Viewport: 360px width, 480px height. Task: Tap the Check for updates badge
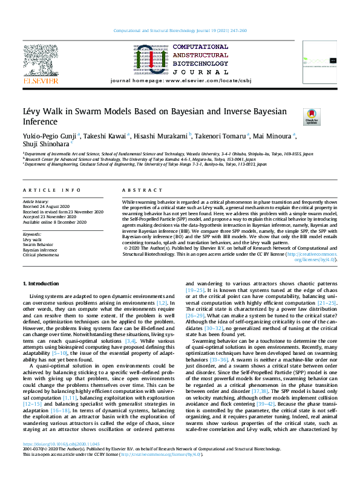pos(295,117)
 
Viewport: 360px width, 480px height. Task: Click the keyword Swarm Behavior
pos(38,244)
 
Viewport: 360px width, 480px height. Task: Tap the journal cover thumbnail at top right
pos(321,62)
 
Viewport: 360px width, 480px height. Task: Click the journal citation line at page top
pos(180,31)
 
